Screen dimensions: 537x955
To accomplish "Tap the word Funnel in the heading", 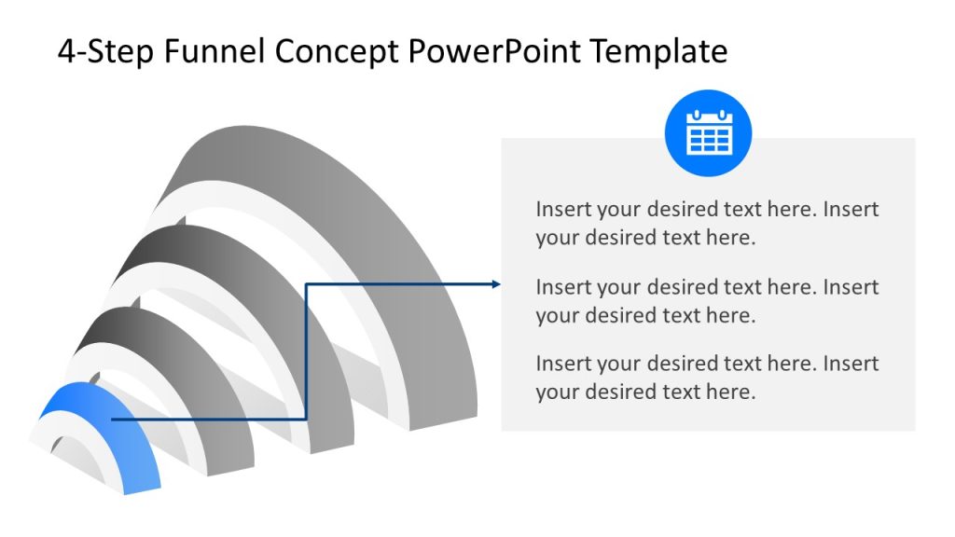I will [x=215, y=51].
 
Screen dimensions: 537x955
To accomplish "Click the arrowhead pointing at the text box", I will [x=496, y=284].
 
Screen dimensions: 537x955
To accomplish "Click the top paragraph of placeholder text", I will [x=706, y=223].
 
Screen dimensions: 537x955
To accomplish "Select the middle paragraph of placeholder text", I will [x=706, y=300].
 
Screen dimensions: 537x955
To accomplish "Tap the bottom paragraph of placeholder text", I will [x=706, y=377].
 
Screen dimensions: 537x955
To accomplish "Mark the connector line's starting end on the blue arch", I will [x=113, y=420].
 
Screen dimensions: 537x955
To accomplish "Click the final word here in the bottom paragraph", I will [x=730, y=392].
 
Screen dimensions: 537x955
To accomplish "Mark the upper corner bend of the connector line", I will [x=307, y=284].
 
